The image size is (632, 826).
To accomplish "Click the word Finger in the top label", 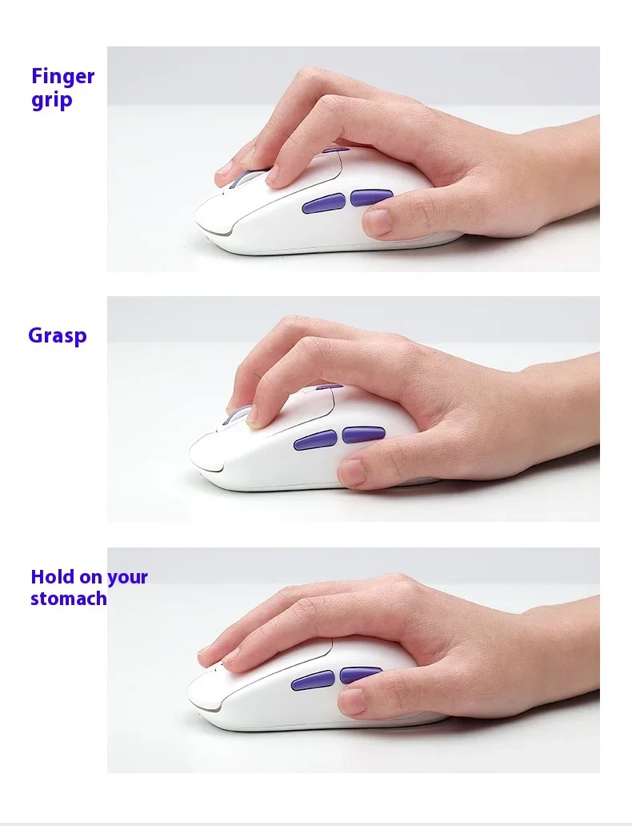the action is click(x=62, y=76).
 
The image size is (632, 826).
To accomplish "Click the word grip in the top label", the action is click(x=52, y=100).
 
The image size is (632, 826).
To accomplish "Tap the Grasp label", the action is click(x=58, y=335).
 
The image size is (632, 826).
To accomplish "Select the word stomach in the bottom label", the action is click(x=69, y=599).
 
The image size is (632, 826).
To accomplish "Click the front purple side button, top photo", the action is click(x=323, y=203).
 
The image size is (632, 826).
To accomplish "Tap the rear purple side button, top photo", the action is click(x=370, y=198).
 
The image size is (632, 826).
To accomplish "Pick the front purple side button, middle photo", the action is click(x=315, y=440).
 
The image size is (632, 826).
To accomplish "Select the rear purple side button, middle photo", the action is click(x=363, y=435).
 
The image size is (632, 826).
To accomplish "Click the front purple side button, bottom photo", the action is click(x=312, y=680).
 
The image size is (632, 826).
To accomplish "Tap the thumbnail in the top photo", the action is click(x=377, y=221).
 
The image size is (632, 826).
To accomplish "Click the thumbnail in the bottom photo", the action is click(x=351, y=702).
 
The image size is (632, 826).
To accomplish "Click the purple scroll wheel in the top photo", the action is click(x=243, y=178).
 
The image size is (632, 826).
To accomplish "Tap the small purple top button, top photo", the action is click(x=336, y=150).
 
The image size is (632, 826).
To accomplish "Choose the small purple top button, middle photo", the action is click(x=330, y=386).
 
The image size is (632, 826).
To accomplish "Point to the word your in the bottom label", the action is click(x=127, y=578).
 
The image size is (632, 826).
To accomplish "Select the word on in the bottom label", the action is click(x=90, y=578).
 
